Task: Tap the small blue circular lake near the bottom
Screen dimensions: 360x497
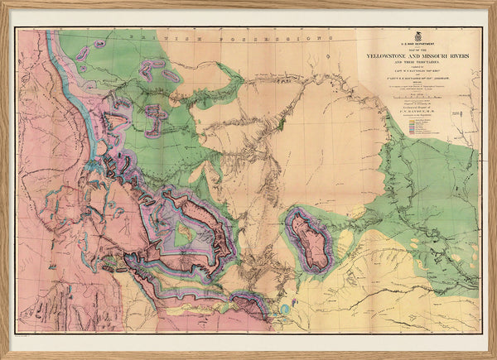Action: click(286, 308)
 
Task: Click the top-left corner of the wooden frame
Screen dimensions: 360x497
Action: click(3, 3)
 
